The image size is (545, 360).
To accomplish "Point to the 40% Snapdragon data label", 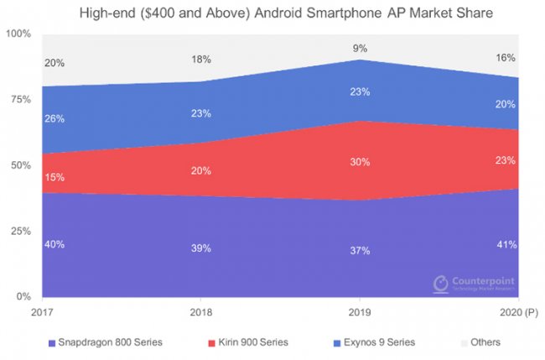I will pos(54,244).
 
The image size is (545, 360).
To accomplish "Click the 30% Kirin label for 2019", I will pos(360,162).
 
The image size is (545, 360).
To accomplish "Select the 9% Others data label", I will pos(360,47).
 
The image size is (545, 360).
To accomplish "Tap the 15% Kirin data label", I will pos(54,177).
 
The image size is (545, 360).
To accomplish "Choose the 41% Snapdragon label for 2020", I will pos(506,244).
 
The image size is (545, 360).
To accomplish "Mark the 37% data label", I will pos(360,251).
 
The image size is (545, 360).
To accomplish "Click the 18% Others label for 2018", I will pos(200,60).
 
